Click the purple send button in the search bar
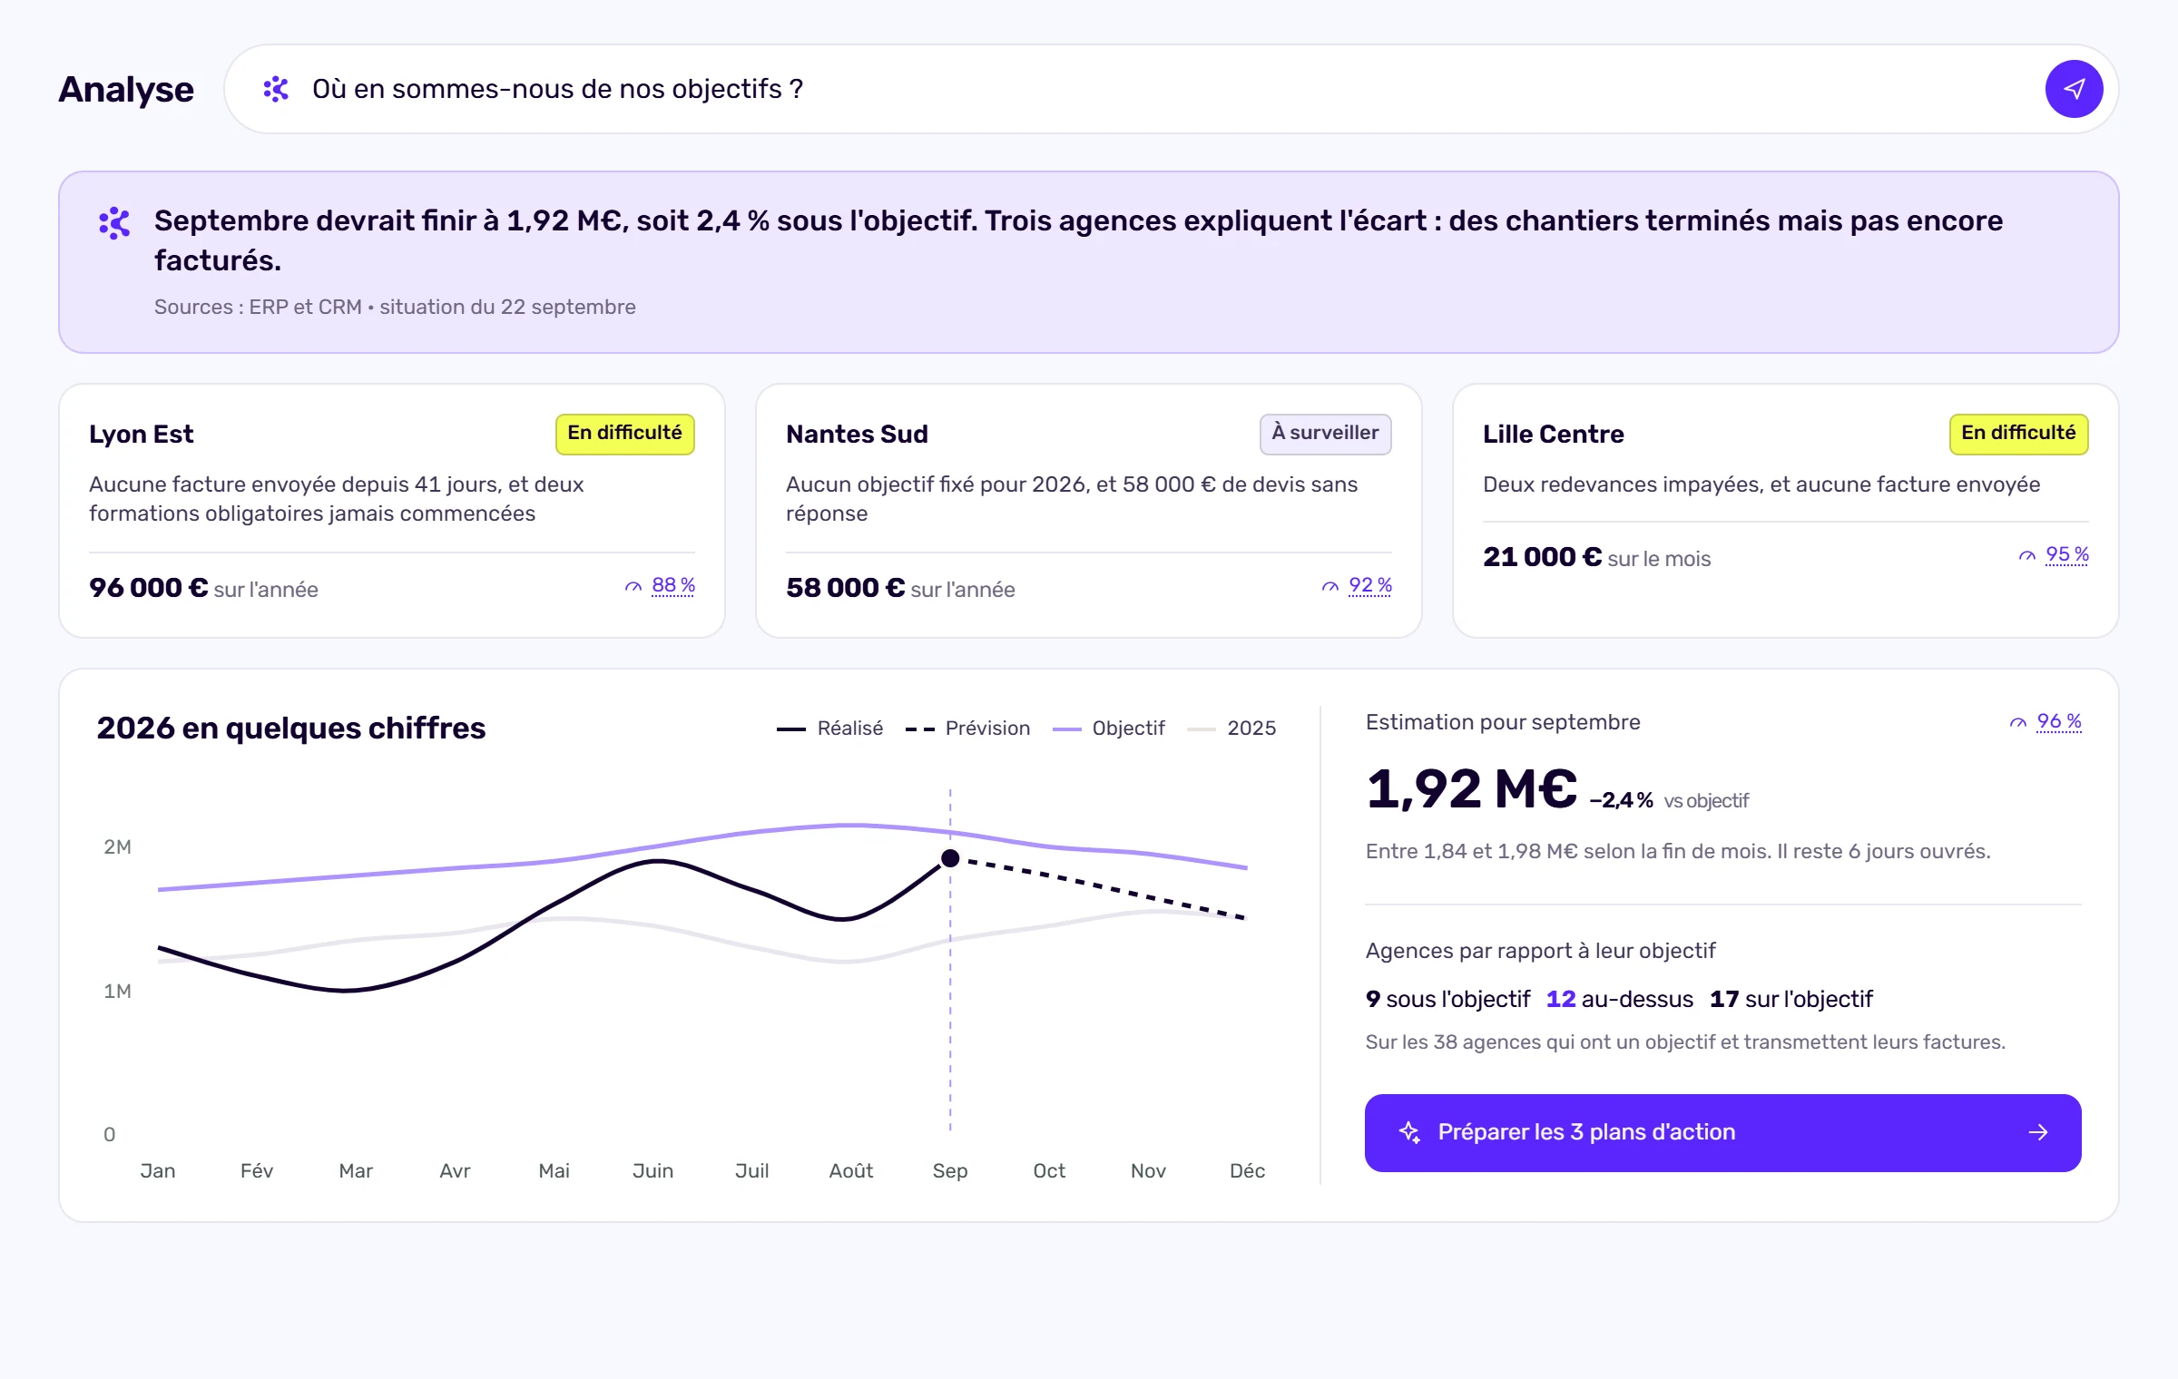(2074, 89)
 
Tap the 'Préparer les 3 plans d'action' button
(1722, 1132)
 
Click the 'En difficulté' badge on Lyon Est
(624, 434)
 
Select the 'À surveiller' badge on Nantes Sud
(1325, 434)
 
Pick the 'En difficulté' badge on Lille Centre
(2018, 434)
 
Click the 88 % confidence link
(673, 585)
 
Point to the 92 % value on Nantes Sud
(1370, 585)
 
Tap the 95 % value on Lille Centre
(2067, 554)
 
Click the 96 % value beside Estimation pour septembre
(2059, 721)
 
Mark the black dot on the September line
(950, 857)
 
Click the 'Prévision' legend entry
(967, 728)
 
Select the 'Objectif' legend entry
(1108, 728)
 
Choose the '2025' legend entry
(1231, 728)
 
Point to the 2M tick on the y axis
(118, 846)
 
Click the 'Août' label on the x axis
(851, 1170)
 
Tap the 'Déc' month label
(1247, 1170)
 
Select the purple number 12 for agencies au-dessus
(1561, 999)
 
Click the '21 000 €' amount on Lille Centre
(1542, 556)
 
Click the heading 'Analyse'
(126, 89)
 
